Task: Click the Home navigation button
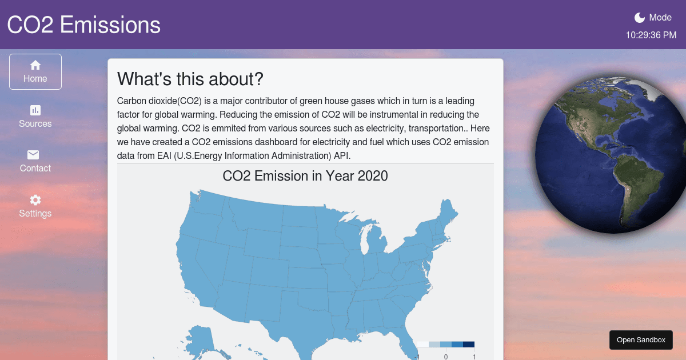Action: [x=35, y=72]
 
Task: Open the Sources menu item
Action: [x=35, y=117]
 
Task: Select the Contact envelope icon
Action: [x=34, y=155]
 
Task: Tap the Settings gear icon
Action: [x=35, y=200]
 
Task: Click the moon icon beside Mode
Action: [x=640, y=18]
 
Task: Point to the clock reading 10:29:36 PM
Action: [x=651, y=35]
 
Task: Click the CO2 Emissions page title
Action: [x=84, y=25]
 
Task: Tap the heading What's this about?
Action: [x=190, y=79]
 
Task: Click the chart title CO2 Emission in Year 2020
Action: [x=305, y=176]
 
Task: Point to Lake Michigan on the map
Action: [x=366, y=241]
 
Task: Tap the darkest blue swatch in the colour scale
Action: [x=469, y=344]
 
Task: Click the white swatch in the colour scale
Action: [x=423, y=344]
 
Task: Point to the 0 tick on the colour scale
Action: [x=446, y=357]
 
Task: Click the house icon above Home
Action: [x=35, y=65]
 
